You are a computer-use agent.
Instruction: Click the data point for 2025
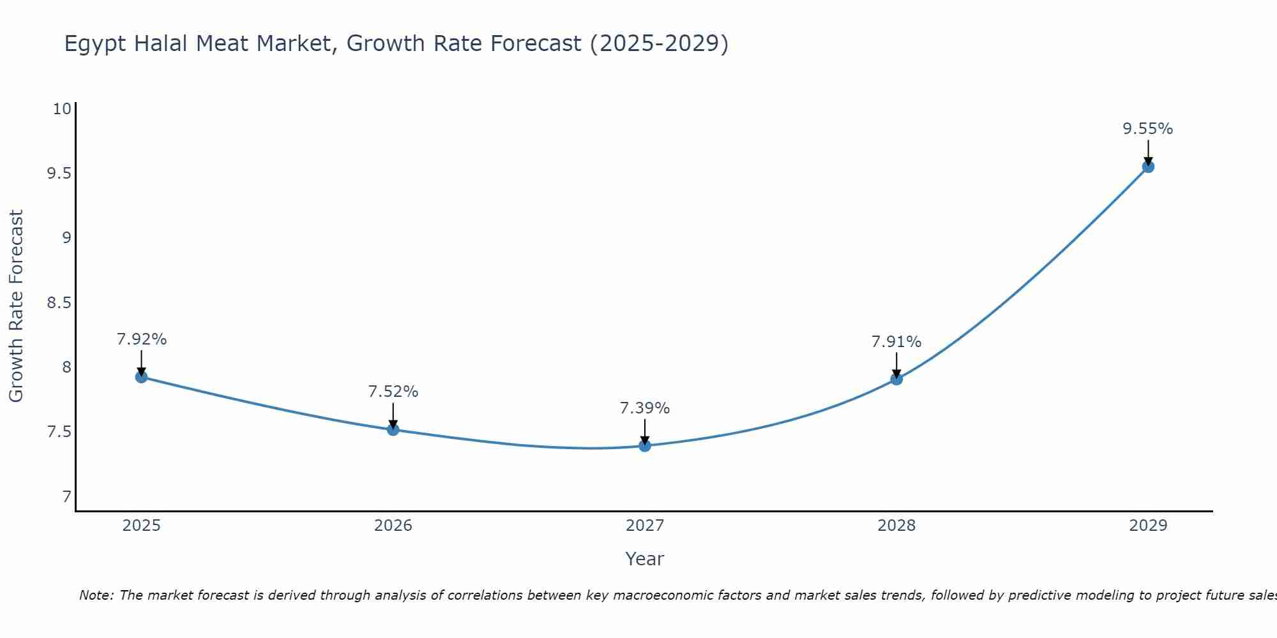(141, 377)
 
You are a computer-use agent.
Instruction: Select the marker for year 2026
(393, 429)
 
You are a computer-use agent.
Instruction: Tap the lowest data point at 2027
(645, 445)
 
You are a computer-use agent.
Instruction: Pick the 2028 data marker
(896, 379)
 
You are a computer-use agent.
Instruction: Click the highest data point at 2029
(1148, 167)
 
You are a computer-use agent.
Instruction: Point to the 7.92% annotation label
(141, 339)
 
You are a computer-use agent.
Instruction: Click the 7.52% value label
(393, 392)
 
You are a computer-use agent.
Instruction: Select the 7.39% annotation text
(645, 408)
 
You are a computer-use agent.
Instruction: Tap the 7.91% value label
(896, 342)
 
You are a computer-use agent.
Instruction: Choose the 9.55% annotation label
(1148, 129)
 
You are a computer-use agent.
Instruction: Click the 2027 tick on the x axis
(645, 526)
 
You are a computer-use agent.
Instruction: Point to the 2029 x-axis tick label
(1148, 526)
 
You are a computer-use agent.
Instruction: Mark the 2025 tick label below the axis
(141, 526)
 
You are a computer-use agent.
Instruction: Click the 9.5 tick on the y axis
(59, 174)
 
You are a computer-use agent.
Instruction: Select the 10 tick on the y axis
(62, 109)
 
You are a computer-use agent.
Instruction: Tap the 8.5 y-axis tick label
(59, 303)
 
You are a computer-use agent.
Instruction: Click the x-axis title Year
(645, 559)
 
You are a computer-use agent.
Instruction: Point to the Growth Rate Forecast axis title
(16, 306)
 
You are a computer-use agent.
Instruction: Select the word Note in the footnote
(96, 595)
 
